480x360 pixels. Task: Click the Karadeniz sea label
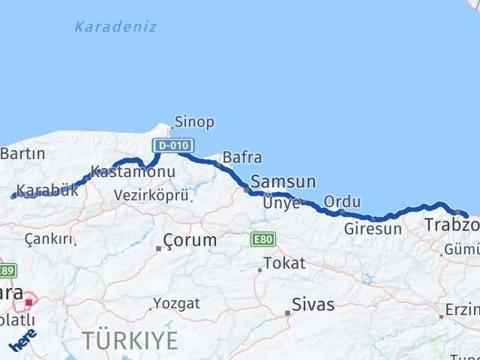pyautogui.click(x=115, y=27)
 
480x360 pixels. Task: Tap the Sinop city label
pyautogui.click(x=194, y=121)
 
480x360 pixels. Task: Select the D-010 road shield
pyautogui.click(x=174, y=145)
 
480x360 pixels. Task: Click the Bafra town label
pyautogui.click(x=242, y=157)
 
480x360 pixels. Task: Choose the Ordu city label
pyautogui.click(x=342, y=202)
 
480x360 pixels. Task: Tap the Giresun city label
pyautogui.click(x=373, y=229)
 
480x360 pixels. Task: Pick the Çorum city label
pyautogui.click(x=190, y=241)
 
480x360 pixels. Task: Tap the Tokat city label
pyautogui.click(x=284, y=263)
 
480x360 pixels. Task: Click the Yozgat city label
pyautogui.click(x=177, y=304)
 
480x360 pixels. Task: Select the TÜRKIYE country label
pyautogui.click(x=130, y=340)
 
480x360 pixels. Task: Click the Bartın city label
pyautogui.click(x=22, y=154)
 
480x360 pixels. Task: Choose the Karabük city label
pyautogui.click(x=47, y=190)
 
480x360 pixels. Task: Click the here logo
pyautogui.click(x=23, y=340)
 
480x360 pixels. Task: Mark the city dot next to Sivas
pyautogui.click(x=288, y=313)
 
